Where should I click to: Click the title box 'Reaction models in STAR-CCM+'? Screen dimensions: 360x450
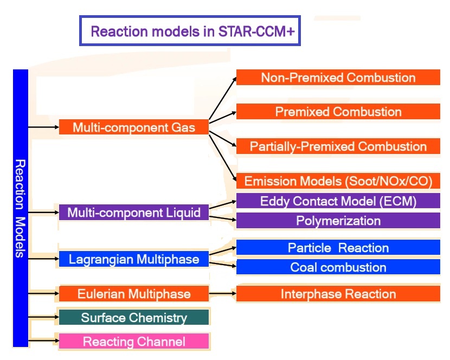(189, 31)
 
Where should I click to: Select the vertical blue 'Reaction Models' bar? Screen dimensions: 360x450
(20, 208)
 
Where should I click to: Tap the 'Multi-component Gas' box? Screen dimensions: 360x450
(133, 127)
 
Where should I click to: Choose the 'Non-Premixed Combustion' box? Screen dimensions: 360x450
(338, 78)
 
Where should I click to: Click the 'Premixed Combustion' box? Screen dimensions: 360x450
(338, 112)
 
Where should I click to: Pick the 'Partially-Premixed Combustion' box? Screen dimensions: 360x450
(338, 146)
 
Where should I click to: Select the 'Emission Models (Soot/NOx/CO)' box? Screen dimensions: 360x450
(338, 181)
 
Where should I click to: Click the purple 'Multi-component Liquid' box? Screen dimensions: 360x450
(133, 212)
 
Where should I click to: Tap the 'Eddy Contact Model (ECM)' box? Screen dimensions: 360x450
(338, 201)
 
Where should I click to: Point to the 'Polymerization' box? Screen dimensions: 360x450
(338, 221)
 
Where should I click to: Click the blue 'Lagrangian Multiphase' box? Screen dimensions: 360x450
(133, 259)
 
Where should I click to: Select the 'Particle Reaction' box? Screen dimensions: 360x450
(338, 248)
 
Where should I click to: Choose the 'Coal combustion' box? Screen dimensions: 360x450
(338, 267)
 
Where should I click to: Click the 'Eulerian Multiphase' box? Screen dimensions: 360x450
(133, 294)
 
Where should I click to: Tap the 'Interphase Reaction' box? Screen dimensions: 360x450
(338, 294)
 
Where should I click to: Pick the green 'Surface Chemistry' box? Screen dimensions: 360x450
(133, 318)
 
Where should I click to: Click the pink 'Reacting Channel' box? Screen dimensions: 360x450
(133, 342)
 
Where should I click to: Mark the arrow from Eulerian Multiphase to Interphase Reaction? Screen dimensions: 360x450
(222, 294)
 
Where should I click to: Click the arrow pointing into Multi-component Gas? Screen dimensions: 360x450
(43, 127)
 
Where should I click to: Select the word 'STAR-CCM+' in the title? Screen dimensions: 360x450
(256, 31)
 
